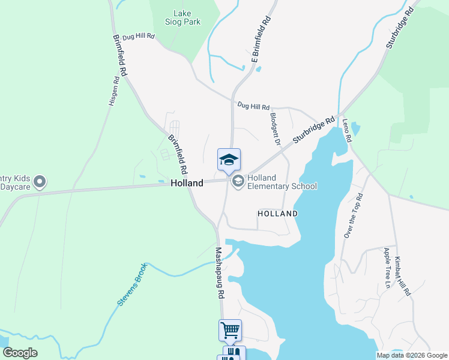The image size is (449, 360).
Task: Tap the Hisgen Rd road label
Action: (113, 91)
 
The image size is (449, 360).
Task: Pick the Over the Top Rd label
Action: (353, 215)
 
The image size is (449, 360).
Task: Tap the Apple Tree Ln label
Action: (387, 268)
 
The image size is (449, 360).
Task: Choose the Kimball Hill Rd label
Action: (402, 276)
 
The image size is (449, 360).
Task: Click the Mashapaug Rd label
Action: (219, 273)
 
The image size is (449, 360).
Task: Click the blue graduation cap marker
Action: (229, 160)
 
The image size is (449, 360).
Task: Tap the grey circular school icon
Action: (238, 181)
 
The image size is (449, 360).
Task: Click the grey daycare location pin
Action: (40, 181)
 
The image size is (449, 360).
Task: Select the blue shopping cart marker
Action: (230, 329)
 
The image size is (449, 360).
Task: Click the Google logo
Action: (20, 353)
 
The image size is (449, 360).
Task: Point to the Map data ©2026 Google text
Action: (411, 355)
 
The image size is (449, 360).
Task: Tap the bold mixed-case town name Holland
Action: (186, 183)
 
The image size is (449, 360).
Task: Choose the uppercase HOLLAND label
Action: (277, 214)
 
